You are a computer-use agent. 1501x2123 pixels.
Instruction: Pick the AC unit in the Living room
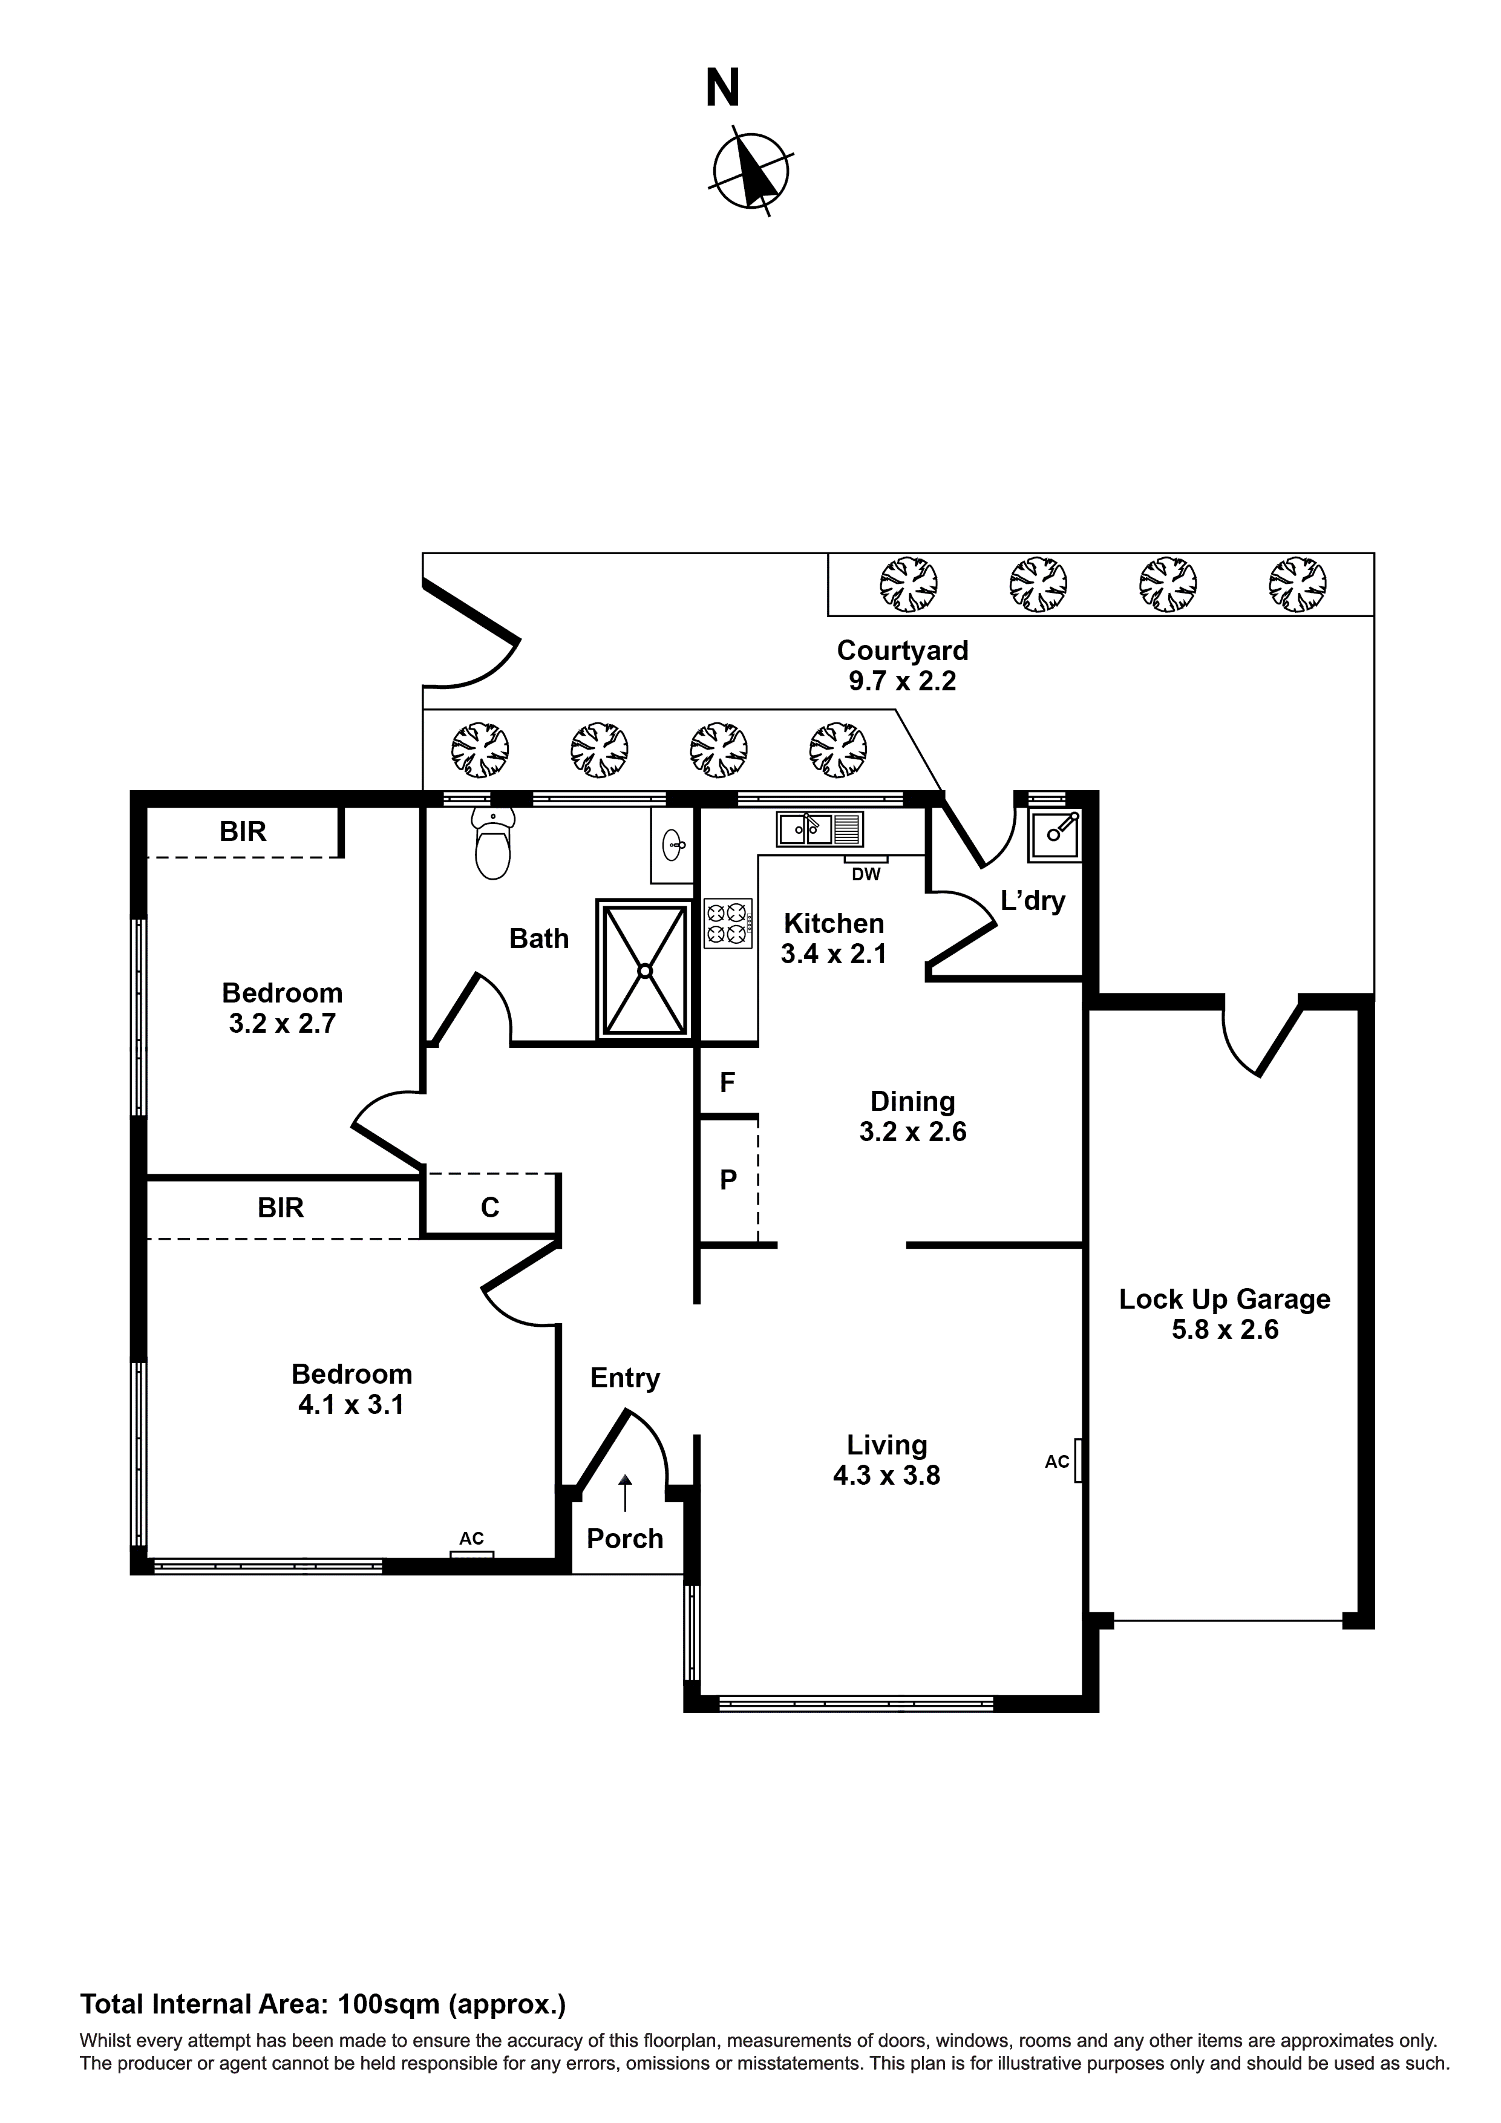click(1078, 1461)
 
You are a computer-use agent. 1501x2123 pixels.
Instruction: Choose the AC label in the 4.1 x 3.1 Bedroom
click(472, 1539)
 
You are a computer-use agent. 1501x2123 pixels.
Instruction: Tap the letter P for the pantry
click(728, 1180)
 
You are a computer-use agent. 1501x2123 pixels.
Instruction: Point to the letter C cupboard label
click(490, 1208)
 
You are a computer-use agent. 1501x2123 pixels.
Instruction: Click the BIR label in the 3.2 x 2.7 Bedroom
click(243, 831)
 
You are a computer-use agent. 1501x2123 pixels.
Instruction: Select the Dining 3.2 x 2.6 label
click(912, 1116)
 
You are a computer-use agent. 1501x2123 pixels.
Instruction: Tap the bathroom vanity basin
click(674, 842)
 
